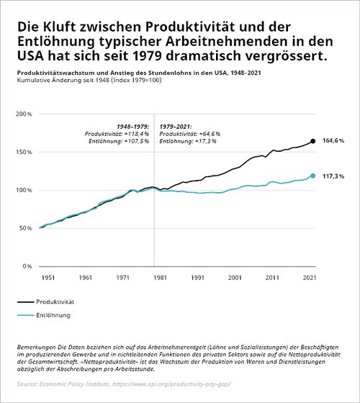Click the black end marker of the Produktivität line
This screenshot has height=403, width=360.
[312, 141]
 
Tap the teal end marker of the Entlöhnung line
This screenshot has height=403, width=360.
[312, 176]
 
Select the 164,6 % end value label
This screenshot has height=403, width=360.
[333, 140]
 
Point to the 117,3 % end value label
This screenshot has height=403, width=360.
[333, 176]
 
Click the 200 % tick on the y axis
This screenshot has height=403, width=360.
[24, 114]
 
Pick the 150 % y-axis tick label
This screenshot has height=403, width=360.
[24, 152]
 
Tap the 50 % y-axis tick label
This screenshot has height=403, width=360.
[25, 228]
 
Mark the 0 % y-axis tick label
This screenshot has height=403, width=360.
[27, 266]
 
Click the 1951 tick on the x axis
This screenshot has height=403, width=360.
[48, 278]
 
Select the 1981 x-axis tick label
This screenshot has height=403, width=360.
[160, 278]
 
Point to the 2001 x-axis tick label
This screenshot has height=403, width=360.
[235, 278]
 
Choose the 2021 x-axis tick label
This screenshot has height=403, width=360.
[310, 278]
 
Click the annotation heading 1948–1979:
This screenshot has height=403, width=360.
[133, 127]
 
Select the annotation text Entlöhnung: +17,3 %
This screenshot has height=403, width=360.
[188, 141]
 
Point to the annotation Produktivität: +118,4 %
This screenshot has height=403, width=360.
[117, 134]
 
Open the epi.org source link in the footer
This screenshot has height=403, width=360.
[172, 384]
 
